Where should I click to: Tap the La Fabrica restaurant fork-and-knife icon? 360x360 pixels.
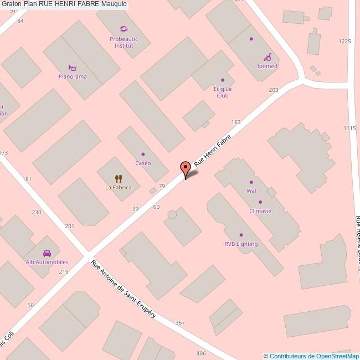(118, 178)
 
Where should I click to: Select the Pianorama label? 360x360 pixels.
(73, 76)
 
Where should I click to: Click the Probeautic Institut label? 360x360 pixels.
(123, 42)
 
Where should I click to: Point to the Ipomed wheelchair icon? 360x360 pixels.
(267, 57)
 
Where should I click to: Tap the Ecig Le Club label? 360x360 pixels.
(223, 92)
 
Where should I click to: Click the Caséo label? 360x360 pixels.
(143, 163)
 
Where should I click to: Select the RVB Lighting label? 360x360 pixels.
(241, 244)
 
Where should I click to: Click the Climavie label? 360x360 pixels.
(260, 211)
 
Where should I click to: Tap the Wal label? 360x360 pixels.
(251, 191)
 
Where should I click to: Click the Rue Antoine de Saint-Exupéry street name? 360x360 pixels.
(124, 289)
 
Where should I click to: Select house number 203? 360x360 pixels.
(273, 90)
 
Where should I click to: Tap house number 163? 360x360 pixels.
(236, 122)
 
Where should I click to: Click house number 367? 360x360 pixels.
(179, 322)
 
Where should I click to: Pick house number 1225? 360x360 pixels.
(344, 42)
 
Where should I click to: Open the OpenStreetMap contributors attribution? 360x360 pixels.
(311, 356)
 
